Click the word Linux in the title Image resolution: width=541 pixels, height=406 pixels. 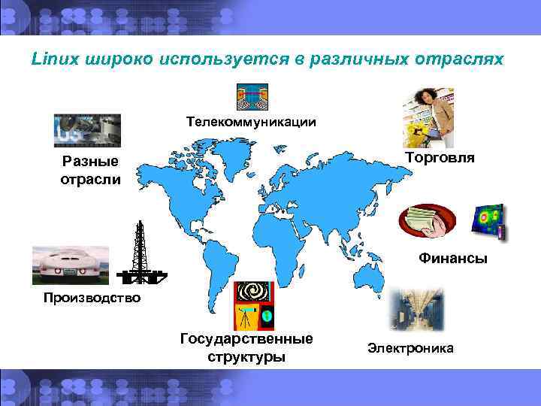point(52,58)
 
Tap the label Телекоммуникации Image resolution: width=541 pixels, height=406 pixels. point(251,121)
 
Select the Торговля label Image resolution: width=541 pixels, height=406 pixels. point(440,157)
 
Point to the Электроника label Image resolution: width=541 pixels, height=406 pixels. point(410,348)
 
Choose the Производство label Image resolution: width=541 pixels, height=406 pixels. point(92,298)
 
